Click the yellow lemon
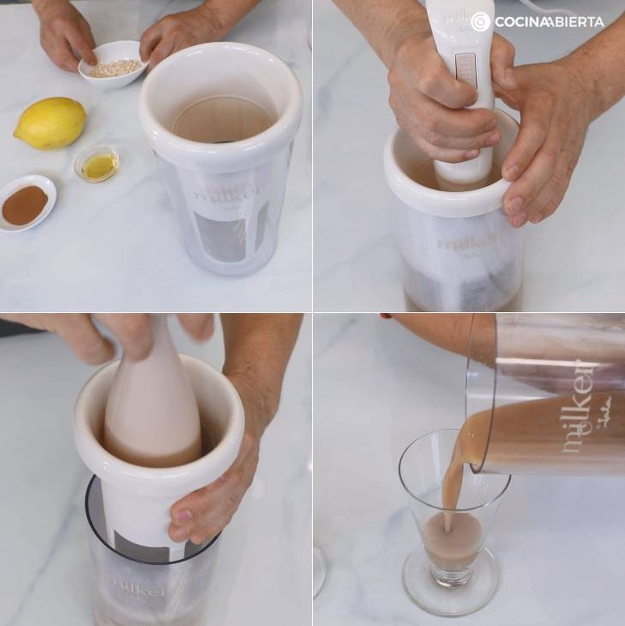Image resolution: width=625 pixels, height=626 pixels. click(51, 123)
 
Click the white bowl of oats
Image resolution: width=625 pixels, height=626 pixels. click(113, 65)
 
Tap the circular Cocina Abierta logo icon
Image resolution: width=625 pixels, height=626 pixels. click(481, 22)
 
